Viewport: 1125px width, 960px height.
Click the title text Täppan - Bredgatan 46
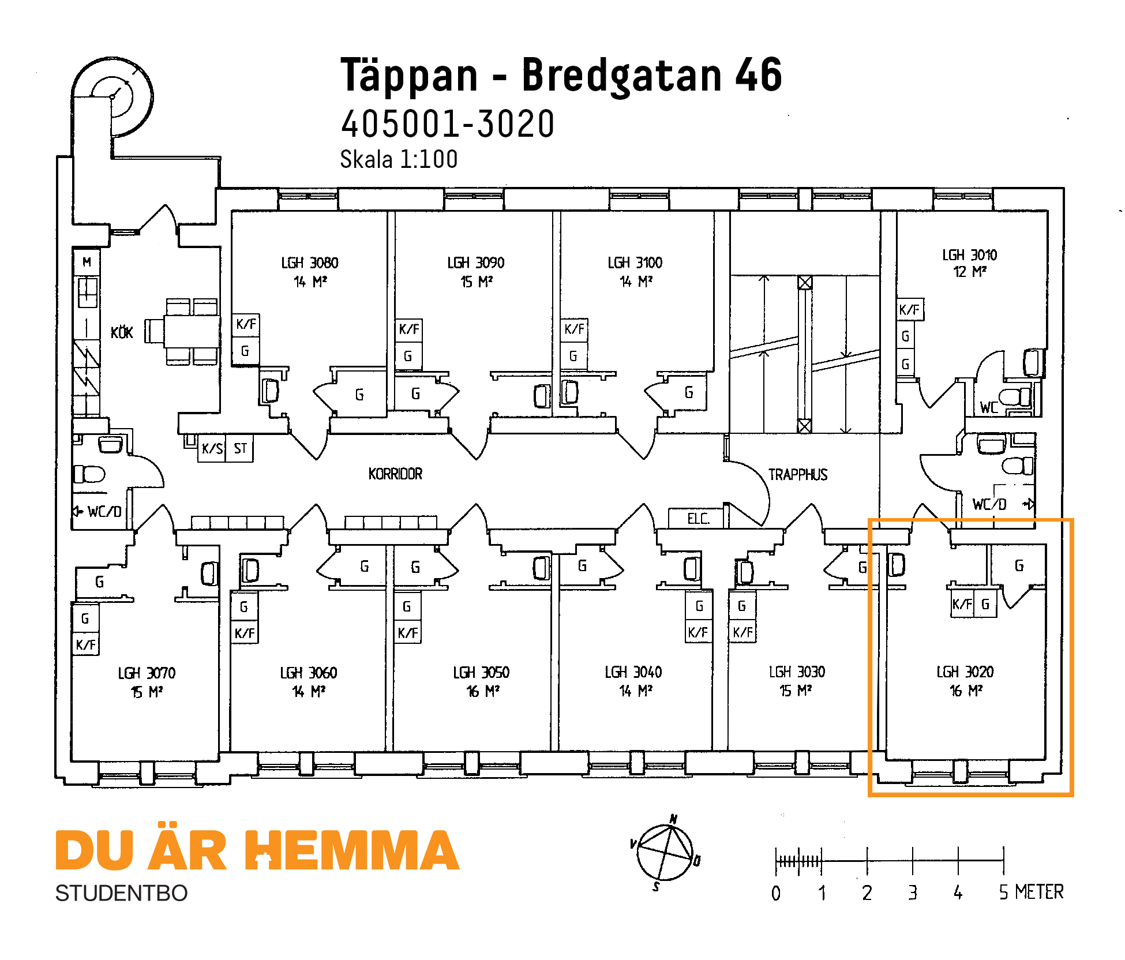click(561, 75)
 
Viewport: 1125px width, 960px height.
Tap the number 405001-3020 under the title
click(448, 124)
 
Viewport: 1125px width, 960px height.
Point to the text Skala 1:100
click(399, 160)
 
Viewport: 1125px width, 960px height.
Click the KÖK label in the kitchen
click(122, 333)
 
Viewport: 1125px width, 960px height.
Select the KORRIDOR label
click(395, 474)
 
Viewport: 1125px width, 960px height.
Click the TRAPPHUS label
click(798, 475)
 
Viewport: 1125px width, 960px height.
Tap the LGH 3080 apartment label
click(310, 263)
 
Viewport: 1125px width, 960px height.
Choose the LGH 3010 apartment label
click(969, 255)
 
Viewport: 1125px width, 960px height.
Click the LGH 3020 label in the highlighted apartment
click(965, 672)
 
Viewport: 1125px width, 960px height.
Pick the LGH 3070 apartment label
click(147, 673)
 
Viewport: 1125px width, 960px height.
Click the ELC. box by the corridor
click(697, 519)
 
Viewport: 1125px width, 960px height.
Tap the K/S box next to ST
click(212, 449)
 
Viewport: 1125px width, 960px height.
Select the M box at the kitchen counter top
click(87, 262)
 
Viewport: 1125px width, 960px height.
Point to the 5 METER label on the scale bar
click(1031, 892)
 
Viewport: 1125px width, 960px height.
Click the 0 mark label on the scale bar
click(776, 894)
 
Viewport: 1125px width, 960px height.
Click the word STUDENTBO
click(121, 894)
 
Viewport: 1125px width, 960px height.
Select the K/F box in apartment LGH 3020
click(962, 605)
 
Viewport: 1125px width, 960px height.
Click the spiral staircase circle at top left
click(112, 96)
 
